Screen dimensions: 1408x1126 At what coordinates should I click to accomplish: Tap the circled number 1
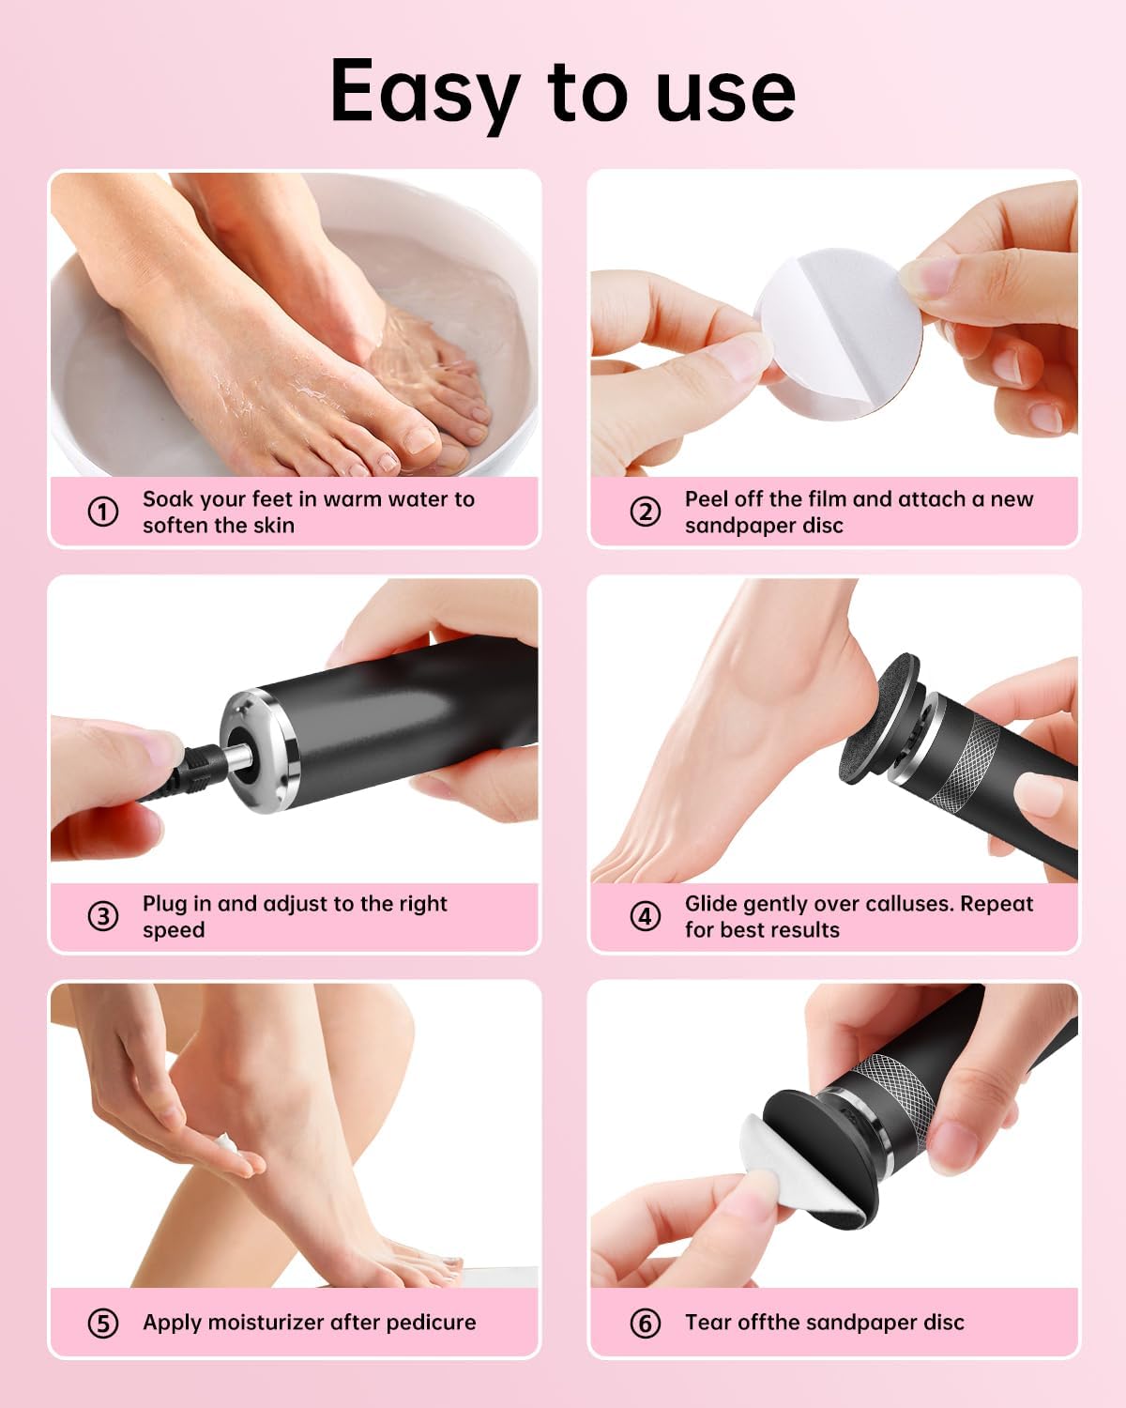click(103, 512)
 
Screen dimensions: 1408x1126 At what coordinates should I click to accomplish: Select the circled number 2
click(645, 512)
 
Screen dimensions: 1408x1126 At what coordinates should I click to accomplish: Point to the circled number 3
click(103, 916)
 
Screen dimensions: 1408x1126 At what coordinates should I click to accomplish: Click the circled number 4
click(645, 916)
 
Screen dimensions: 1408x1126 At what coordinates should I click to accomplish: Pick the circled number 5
click(103, 1323)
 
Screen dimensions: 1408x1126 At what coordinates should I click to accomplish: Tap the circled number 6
click(645, 1323)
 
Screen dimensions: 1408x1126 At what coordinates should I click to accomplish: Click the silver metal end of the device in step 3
click(258, 751)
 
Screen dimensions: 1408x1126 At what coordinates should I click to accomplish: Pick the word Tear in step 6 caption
click(708, 1323)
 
